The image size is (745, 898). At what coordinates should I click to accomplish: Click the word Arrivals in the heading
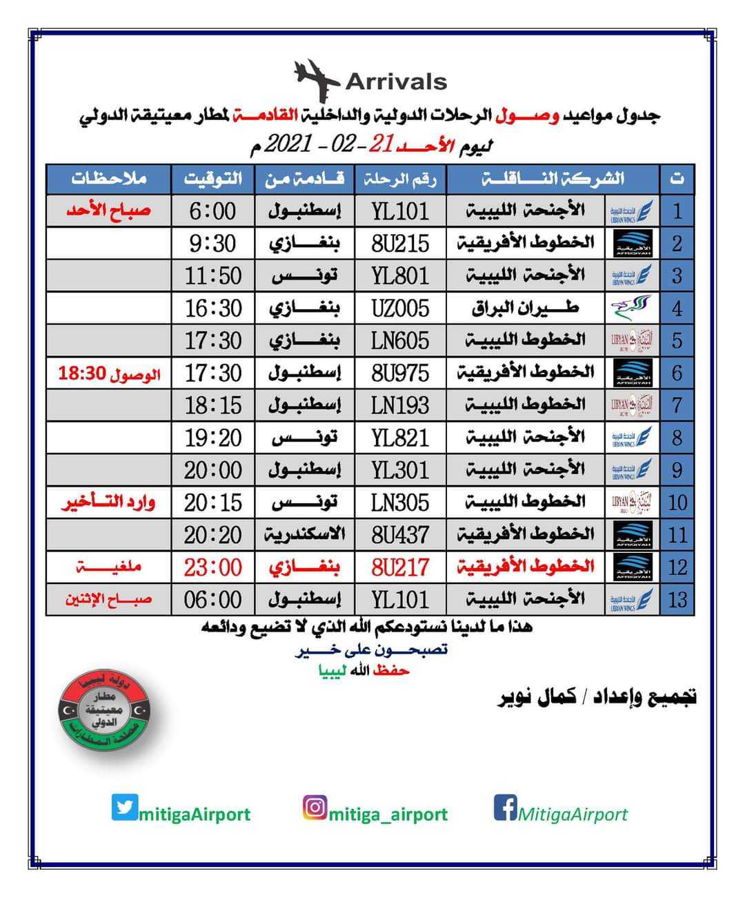396,81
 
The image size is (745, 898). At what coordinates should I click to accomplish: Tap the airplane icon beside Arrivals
317,79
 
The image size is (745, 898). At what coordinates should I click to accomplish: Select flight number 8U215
400,244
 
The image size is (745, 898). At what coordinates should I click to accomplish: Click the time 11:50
213,276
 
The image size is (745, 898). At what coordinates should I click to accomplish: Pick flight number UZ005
400,309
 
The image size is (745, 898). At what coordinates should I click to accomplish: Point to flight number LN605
400,341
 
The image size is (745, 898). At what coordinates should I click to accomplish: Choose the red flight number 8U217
400,567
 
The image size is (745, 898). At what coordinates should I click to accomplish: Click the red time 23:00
213,567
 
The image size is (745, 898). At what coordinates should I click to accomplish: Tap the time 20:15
213,502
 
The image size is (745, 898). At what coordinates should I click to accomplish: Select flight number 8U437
400,535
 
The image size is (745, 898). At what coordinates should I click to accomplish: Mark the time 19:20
213,438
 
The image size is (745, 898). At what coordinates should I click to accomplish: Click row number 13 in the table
677,599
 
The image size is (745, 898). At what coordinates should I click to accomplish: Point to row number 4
677,309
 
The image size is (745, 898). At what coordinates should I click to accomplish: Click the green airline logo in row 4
633,308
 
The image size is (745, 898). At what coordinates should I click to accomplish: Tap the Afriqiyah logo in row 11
633,535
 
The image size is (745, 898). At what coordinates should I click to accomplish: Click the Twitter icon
125,807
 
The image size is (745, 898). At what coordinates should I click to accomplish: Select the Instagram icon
315,808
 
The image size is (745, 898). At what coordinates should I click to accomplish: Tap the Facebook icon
505,808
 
